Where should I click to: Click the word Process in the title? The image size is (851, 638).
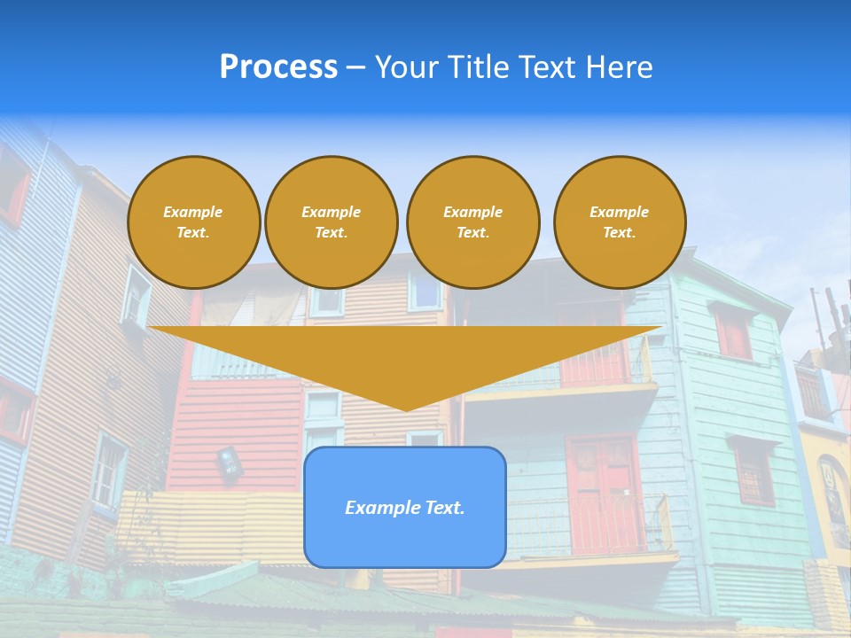(278, 67)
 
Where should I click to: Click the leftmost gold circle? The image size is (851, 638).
(193, 222)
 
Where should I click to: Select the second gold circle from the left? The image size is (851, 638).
(331, 222)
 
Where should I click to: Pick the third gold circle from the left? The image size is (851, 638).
(472, 222)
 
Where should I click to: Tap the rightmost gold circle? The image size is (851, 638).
(619, 222)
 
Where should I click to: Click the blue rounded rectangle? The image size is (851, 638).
(404, 507)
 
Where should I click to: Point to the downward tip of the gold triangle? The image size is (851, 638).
(405, 408)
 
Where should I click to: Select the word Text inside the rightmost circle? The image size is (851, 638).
(618, 233)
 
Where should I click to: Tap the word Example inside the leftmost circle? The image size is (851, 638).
(193, 212)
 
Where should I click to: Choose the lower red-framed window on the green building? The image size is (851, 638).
(753, 471)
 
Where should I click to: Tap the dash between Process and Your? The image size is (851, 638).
(355, 68)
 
